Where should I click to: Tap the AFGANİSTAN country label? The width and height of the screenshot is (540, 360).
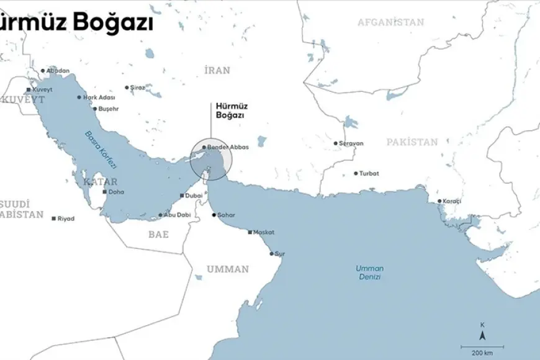pyautogui.click(x=390, y=22)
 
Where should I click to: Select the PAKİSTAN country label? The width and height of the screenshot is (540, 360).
pyautogui.click(x=412, y=142)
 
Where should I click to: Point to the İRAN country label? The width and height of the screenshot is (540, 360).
pyautogui.click(x=217, y=71)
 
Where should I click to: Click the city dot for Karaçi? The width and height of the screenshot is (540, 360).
pyautogui.click(x=439, y=201)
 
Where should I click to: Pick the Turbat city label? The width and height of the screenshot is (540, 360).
pyautogui.click(x=369, y=174)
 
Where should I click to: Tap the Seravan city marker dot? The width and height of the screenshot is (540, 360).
pyautogui.click(x=336, y=143)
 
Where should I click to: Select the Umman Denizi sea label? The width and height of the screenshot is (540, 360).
pyautogui.click(x=369, y=272)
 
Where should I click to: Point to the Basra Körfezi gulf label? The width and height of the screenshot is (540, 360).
pyautogui.click(x=96, y=145)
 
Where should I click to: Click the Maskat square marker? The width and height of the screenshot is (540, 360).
pyautogui.click(x=250, y=233)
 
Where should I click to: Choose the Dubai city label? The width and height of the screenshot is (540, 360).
pyautogui.click(x=194, y=196)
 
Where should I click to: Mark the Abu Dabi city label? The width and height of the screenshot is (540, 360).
pyautogui.click(x=175, y=215)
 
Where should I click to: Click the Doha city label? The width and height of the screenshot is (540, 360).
pyautogui.click(x=116, y=192)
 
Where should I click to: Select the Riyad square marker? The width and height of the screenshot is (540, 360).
pyautogui.click(x=54, y=218)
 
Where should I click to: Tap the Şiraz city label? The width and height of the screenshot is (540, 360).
pyautogui.click(x=137, y=88)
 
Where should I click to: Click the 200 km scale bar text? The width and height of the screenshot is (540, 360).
pyautogui.click(x=482, y=353)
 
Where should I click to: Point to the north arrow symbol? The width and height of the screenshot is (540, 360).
pyautogui.click(x=482, y=335)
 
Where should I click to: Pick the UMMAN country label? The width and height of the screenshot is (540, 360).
pyautogui.click(x=228, y=269)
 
